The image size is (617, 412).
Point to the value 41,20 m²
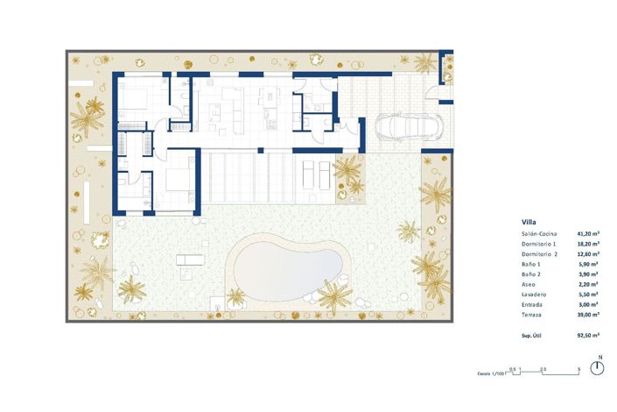coord(588,234)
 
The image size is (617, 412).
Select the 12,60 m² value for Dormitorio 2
coord(588,254)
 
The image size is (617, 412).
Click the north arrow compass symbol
coord(598,366)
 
